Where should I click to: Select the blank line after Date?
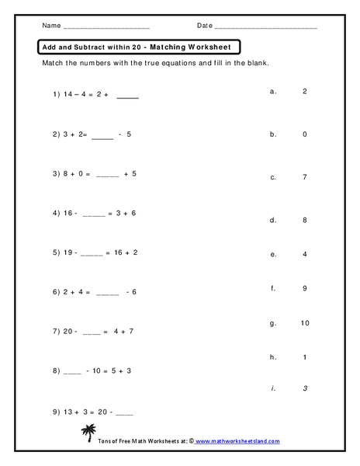pos(265,27)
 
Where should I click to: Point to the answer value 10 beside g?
pos(304,322)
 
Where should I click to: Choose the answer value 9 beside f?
pos(304,288)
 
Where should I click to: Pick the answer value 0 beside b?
pos(304,134)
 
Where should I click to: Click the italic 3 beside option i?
pos(304,388)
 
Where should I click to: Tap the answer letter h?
pos(273,356)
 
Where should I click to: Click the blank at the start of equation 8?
pos(72,371)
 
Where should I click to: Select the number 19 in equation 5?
pos(67,252)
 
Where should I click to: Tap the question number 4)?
pos(57,213)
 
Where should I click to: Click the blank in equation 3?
pos(107,174)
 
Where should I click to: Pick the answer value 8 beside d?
pos(304,220)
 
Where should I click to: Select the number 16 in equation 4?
pos(67,213)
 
